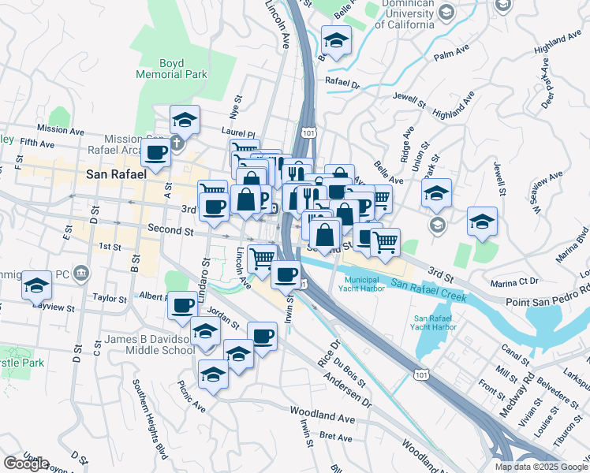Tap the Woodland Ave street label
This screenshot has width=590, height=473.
pyautogui.click(x=322, y=412)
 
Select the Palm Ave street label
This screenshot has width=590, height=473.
pyautogui.click(x=451, y=55)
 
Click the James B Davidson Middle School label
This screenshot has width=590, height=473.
pyautogui.click(x=149, y=345)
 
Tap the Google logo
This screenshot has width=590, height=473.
pyautogui.click(x=26, y=464)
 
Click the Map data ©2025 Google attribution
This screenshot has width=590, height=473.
pyautogui.click(x=541, y=467)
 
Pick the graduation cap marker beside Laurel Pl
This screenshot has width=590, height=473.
pyautogui.click(x=185, y=120)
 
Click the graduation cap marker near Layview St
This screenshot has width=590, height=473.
pyautogui.click(x=35, y=285)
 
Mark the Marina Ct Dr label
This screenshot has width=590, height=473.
pyautogui.click(x=512, y=281)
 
